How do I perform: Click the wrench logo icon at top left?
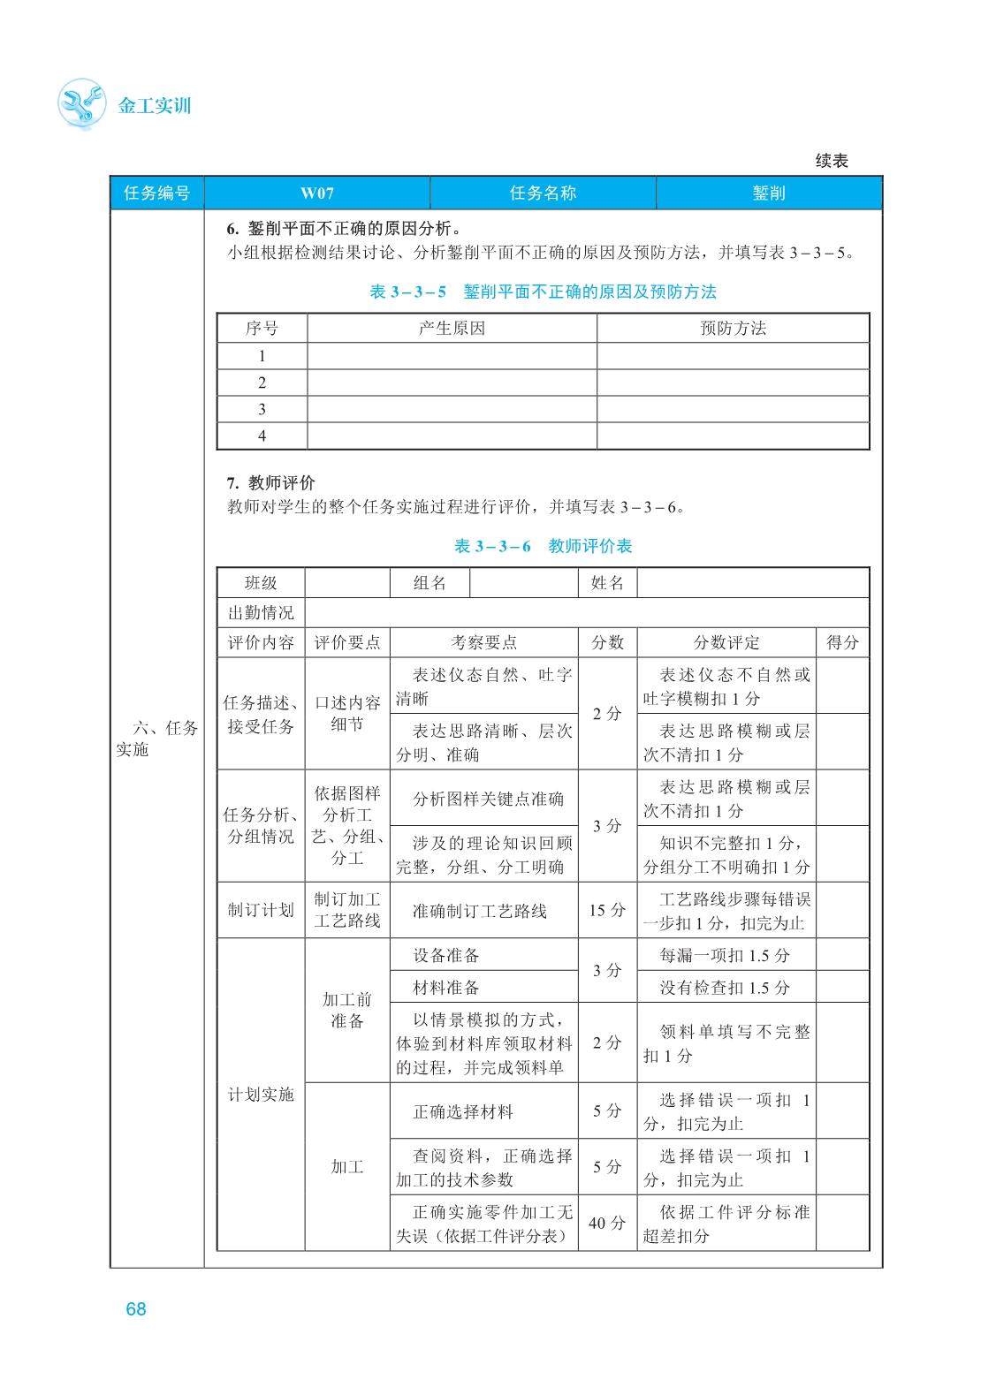pos(81,104)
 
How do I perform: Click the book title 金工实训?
pos(155,106)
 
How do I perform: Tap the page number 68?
pos(136,1309)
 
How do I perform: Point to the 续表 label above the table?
pos(831,161)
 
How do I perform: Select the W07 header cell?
pos(316,193)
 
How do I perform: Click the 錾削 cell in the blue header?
pos(768,193)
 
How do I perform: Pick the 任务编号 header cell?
pos(156,193)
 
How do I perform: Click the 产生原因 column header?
pos(452,329)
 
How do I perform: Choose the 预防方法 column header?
pos(733,329)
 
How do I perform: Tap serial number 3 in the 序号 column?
pos(262,409)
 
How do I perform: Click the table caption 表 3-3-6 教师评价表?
pos(543,546)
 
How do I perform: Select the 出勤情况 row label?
pos(261,613)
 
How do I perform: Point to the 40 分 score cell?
pos(607,1224)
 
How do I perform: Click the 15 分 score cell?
pos(607,910)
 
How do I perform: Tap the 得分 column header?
pos(842,642)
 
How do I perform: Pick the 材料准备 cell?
pos(446,988)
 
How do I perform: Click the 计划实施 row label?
pos(261,1095)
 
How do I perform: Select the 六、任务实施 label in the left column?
pos(156,739)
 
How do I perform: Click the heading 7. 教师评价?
pos(270,482)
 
